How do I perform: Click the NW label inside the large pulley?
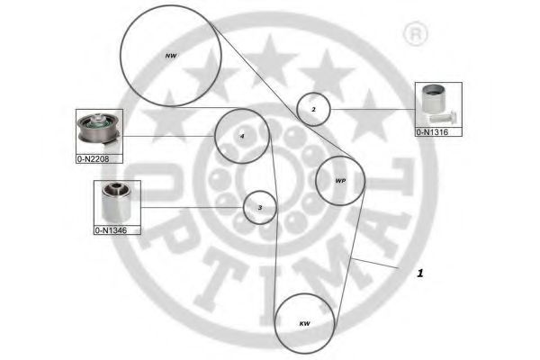click(x=171, y=56)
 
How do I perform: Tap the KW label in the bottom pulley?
click(x=304, y=323)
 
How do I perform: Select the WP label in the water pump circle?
click(x=340, y=181)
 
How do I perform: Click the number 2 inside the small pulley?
click(x=313, y=110)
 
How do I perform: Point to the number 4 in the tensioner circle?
click(x=242, y=137)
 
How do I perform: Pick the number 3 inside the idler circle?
click(x=260, y=208)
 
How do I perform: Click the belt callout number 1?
click(x=419, y=274)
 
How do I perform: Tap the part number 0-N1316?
click(x=432, y=132)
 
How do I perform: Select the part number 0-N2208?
click(x=93, y=159)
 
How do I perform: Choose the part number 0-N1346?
click(x=111, y=230)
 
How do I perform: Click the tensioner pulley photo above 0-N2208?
click(x=99, y=130)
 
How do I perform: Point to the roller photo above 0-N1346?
click(x=116, y=202)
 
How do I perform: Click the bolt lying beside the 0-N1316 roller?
click(x=444, y=117)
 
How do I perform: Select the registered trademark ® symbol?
click(x=416, y=34)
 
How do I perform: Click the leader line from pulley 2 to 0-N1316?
click(x=373, y=110)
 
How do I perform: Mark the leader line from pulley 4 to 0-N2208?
click(x=169, y=136)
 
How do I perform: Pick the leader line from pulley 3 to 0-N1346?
click(x=193, y=207)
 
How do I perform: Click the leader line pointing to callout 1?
click(x=374, y=263)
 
